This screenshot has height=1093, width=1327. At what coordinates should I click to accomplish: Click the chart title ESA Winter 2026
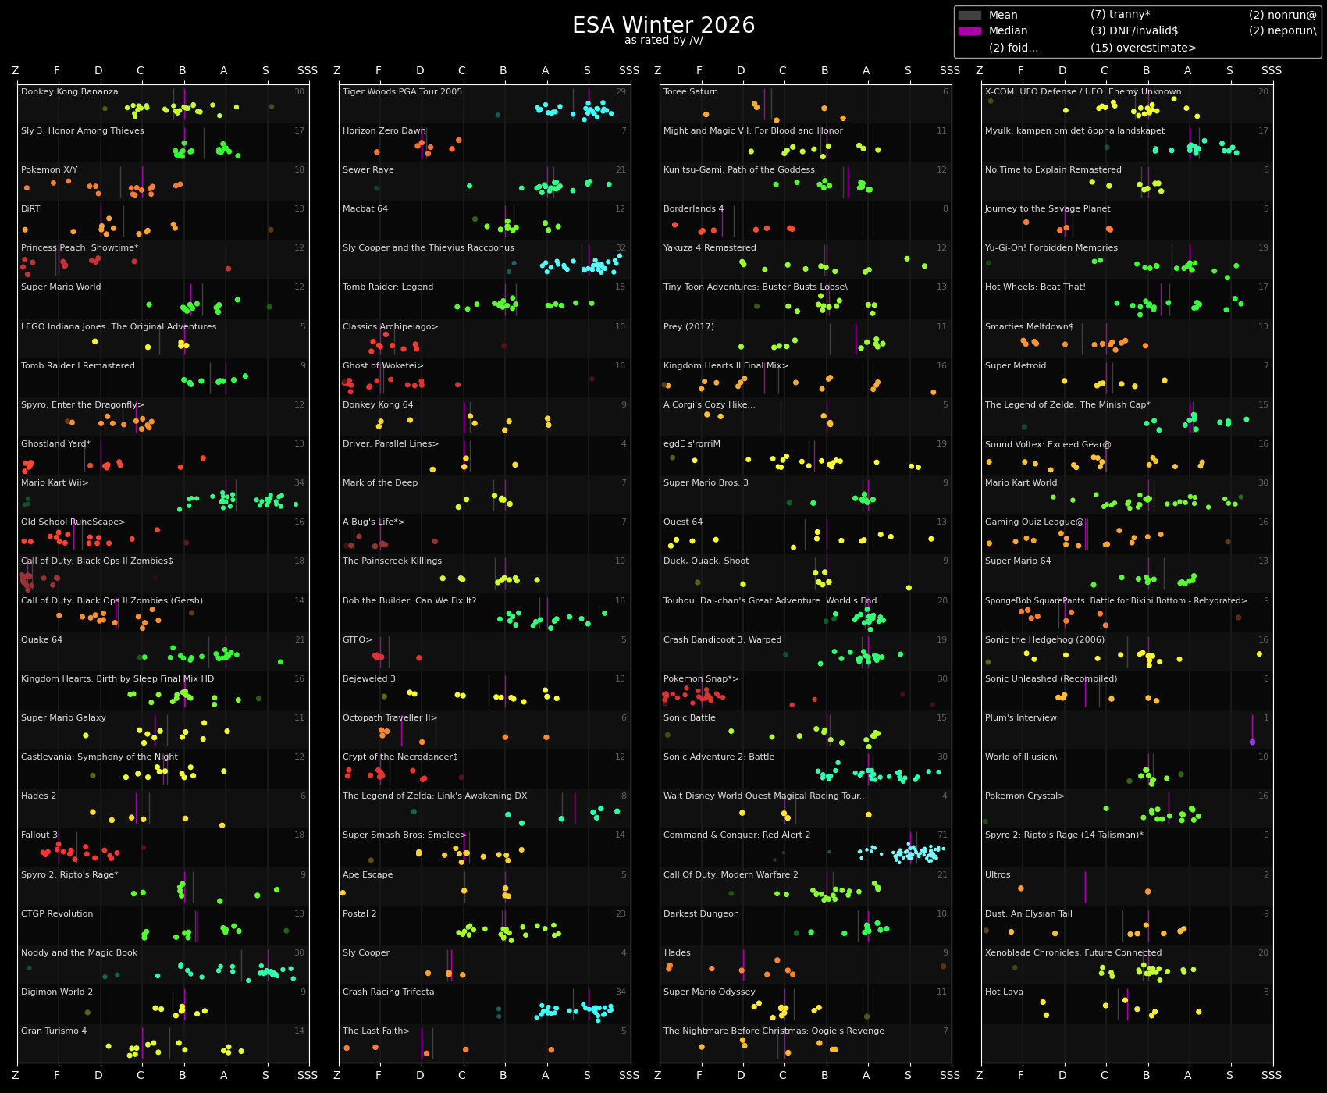pos(663,26)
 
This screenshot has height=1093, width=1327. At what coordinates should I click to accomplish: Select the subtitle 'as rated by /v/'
pos(663,41)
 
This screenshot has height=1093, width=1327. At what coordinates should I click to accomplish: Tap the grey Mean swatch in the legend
pos(969,15)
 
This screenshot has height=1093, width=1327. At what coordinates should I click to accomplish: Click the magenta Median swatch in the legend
pos(969,31)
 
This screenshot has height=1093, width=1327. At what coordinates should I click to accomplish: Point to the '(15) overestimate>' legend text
pos(1143,48)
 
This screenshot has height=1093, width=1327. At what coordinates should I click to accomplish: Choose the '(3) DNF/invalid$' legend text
pos(1133,31)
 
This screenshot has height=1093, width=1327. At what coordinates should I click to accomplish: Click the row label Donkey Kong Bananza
pos(69,92)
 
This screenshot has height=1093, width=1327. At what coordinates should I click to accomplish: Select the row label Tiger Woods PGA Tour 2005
pos(402,92)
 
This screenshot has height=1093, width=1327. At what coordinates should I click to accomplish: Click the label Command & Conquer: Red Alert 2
pos(736,835)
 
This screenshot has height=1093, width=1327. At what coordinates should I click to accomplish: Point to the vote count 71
pos(942,835)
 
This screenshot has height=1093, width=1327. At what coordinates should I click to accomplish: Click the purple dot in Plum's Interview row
pos(1252,742)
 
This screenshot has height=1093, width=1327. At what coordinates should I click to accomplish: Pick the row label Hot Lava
pos(1004,992)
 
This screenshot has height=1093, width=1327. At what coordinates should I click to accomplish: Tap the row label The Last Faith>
pos(375,1031)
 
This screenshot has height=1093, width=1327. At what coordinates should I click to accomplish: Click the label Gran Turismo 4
pos(54,1031)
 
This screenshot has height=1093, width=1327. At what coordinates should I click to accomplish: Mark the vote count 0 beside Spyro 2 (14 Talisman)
pos(1265,835)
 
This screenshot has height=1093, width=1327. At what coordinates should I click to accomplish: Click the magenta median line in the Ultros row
pos(1085,887)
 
